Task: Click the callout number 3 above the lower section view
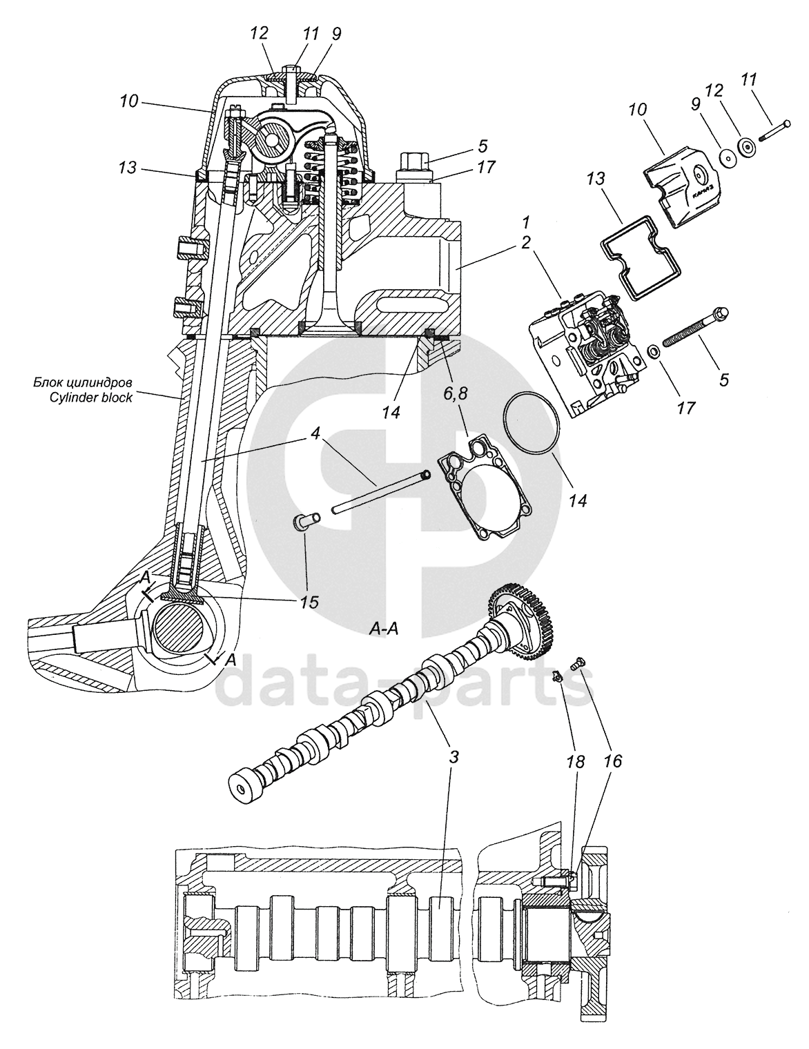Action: point(454,757)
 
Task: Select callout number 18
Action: point(574,761)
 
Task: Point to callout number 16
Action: point(612,761)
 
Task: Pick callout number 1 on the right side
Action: point(526,223)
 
